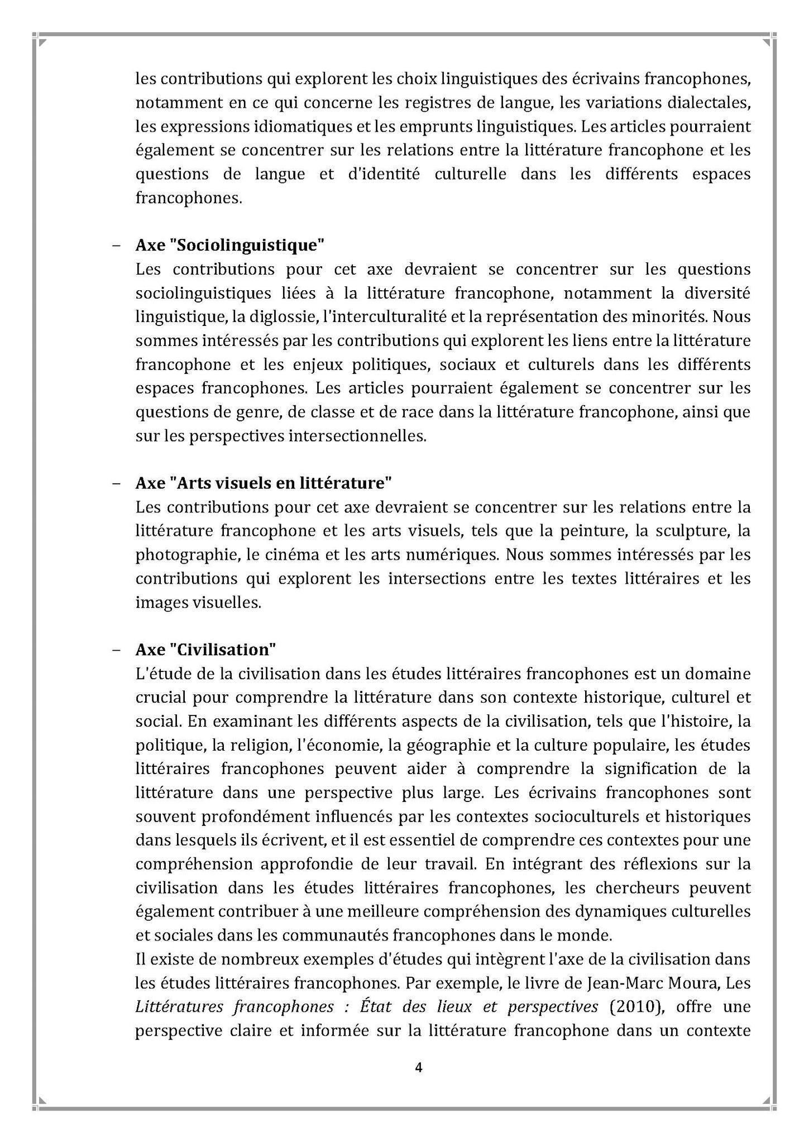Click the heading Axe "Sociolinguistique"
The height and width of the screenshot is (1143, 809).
click(x=230, y=245)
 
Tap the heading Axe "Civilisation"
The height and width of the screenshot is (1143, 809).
click(x=206, y=650)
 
